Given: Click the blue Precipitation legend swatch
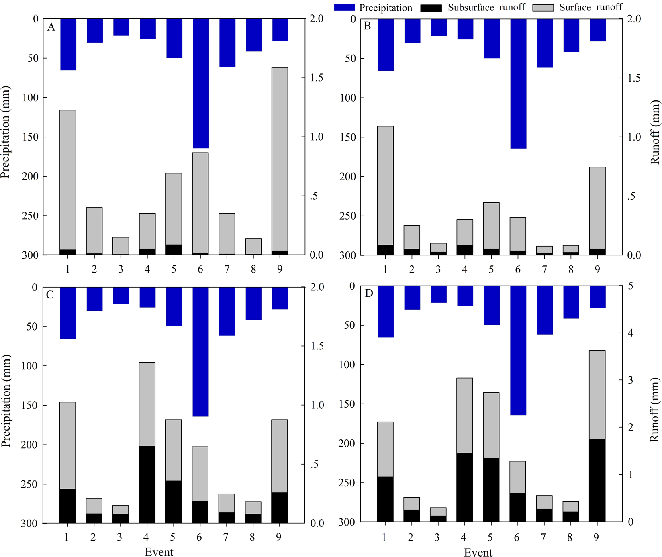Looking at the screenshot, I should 345,8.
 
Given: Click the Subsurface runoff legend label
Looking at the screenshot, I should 486,8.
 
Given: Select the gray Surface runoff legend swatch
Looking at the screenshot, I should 543,8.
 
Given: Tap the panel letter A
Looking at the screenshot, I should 51,27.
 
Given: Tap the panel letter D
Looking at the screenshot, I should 368,294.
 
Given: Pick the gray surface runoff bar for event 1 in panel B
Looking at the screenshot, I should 385,185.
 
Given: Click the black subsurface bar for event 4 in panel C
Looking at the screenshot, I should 147,484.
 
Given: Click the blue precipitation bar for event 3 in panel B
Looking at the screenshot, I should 439,27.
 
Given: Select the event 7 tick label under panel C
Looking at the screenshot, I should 226,537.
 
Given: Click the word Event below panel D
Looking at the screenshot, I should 478,553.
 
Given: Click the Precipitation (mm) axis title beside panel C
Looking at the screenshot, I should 6,400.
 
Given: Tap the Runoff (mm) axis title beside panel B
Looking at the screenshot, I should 655,133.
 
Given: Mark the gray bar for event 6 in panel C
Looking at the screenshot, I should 200,473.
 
